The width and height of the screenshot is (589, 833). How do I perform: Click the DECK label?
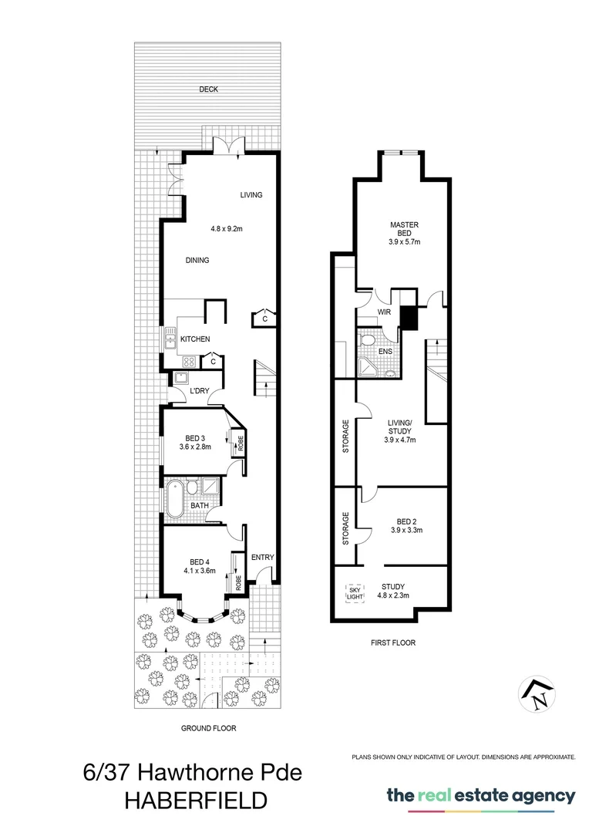click(x=208, y=89)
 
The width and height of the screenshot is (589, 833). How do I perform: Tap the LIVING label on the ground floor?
click(x=251, y=195)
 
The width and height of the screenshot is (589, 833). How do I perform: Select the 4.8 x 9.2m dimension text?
click(x=227, y=228)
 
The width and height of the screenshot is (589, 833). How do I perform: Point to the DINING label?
click(x=197, y=261)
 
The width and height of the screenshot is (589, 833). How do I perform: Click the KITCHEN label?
click(x=195, y=339)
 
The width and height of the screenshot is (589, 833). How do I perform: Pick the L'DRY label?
click(x=200, y=391)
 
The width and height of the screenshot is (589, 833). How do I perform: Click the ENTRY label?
click(x=262, y=558)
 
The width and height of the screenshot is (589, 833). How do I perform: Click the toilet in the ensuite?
click(x=369, y=340)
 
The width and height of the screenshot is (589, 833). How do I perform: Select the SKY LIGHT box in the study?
click(x=354, y=593)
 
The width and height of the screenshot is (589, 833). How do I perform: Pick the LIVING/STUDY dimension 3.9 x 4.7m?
click(x=400, y=440)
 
